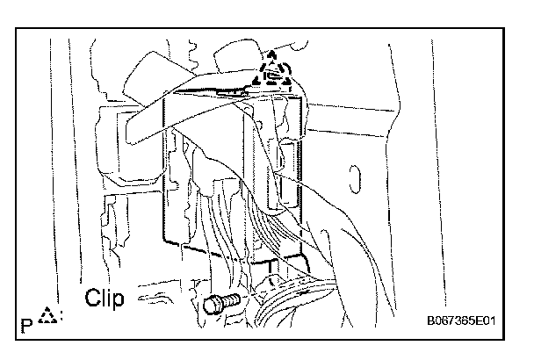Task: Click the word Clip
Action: click(105, 298)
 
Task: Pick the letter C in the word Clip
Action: click(93, 298)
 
